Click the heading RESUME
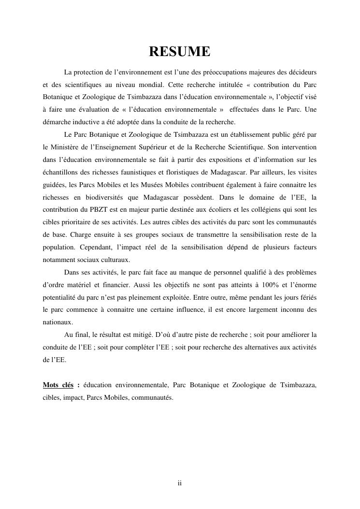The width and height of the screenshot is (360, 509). pos(179,52)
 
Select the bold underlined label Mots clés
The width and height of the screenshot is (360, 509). pos(58,385)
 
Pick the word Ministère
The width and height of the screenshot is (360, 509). pos(70,146)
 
